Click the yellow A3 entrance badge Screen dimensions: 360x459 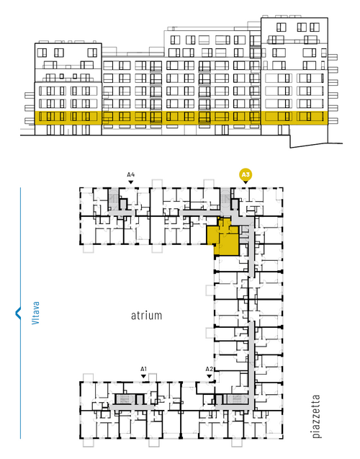click(246, 175)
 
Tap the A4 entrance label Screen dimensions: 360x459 click(131, 175)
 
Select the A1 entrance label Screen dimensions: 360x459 click(143, 369)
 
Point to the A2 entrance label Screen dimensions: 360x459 click(209, 369)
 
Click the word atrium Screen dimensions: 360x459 click(146, 316)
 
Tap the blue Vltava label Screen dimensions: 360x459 click(35, 313)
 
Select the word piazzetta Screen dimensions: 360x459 click(316, 416)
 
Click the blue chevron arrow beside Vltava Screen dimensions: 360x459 click(18, 313)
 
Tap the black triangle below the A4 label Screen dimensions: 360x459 click(131, 182)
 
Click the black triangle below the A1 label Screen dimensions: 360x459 click(143, 376)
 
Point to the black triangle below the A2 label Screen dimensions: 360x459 click(209, 376)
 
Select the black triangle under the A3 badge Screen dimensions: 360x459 click(246, 182)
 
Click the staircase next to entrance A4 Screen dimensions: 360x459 click(113, 199)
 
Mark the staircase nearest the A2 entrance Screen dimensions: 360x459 click(236, 399)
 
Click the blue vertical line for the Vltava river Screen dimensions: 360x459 click(20, 313)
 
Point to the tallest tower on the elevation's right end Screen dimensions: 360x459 click(294, 76)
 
